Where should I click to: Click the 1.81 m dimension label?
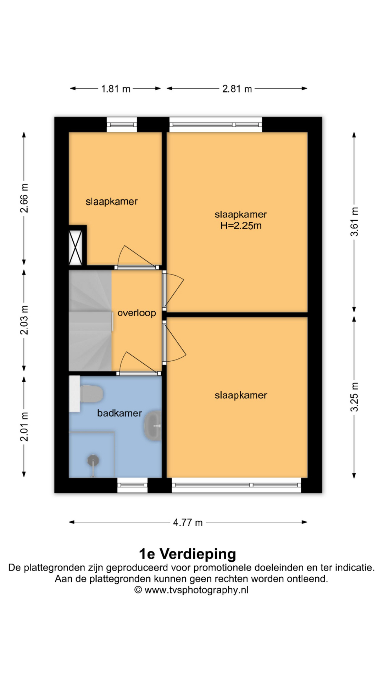pyautogui.click(x=116, y=89)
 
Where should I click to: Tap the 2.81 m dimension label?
pyautogui.click(x=237, y=89)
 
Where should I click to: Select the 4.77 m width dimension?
pyautogui.click(x=188, y=522)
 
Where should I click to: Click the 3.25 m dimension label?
pyautogui.click(x=354, y=397)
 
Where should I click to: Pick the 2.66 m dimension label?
pyautogui.click(x=24, y=198)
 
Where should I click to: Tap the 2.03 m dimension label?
pyautogui.click(x=24, y=320)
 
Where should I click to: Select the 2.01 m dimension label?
pyautogui.click(x=24, y=427)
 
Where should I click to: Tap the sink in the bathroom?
pyautogui.click(x=153, y=425)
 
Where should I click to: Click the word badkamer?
pyautogui.click(x=120, y=413)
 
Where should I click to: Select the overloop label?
pyautogui.click(x=137, y=313)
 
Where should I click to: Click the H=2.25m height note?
pyautogui.click(x=241, y=226)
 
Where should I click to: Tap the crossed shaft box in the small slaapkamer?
pyautogui.click(x=76, y=247)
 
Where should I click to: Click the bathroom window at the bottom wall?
pyautogui.click(x=132, y=485)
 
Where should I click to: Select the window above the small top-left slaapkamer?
pyautogui.click(x=122, y=125)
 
